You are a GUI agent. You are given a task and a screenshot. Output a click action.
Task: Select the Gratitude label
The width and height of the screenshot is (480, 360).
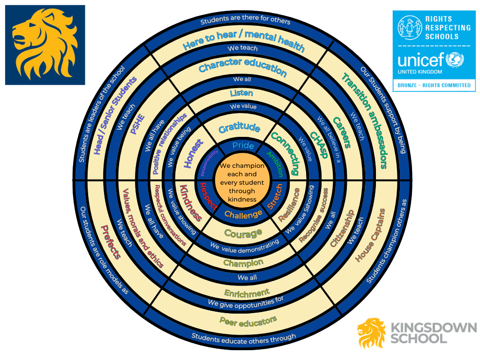[240, 127]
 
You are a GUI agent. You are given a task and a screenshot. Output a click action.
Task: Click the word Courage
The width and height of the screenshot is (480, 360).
[243, 233]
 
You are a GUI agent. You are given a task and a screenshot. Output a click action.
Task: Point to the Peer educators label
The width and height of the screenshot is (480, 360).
[248, 322]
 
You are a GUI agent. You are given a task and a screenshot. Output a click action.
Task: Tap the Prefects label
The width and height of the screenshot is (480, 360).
[112, 241]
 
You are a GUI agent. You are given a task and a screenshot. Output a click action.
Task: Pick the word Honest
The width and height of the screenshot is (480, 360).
[193, 153]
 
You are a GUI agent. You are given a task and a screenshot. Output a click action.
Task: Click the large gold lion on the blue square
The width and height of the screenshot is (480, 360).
[45, 45]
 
